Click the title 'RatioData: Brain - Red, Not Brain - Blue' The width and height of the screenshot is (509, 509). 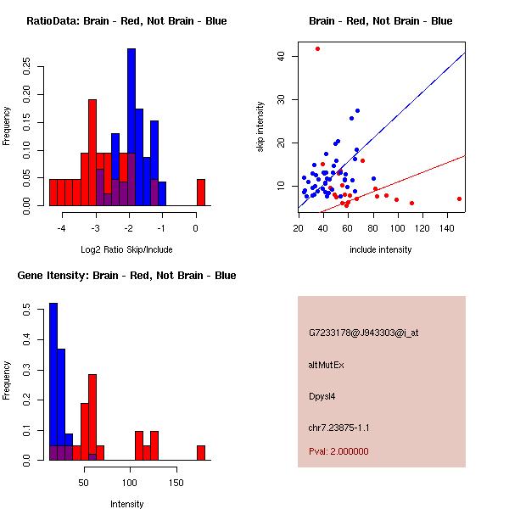126,21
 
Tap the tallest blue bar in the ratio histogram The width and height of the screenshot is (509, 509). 131,127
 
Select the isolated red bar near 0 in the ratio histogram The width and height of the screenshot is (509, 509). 201,193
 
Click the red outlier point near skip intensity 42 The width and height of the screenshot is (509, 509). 317,48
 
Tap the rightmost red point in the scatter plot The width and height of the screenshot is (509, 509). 459,199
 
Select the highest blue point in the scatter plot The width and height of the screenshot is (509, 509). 357,110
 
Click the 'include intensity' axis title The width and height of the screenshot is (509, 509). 381,249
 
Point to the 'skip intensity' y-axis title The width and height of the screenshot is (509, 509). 261,127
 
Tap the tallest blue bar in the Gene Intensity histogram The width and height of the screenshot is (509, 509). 53,382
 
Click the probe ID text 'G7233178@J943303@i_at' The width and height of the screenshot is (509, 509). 364,333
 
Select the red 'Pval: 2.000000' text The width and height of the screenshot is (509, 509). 338,451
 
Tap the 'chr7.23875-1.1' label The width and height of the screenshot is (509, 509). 339,428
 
